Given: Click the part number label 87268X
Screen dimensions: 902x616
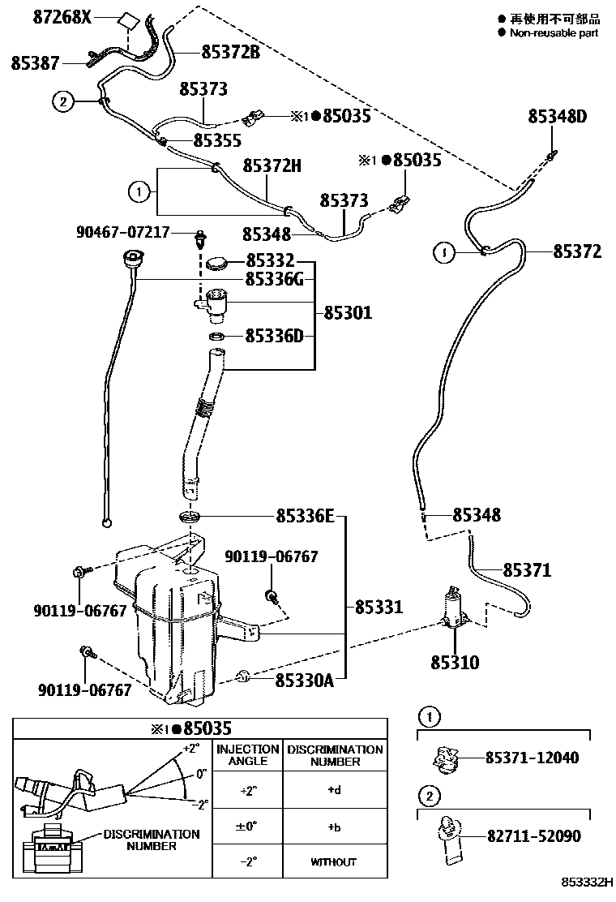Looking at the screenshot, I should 62,16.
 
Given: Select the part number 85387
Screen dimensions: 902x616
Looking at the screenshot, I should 39,62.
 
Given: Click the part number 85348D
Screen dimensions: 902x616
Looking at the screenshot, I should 557,117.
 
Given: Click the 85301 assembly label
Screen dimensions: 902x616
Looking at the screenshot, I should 348,311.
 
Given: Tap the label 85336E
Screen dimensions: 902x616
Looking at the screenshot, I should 305,515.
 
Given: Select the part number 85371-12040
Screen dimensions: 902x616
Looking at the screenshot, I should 532,758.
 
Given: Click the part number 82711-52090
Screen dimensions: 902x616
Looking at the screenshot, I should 532,835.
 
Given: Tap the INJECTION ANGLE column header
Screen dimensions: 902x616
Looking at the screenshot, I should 247,755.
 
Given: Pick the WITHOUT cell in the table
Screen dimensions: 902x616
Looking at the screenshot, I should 333,861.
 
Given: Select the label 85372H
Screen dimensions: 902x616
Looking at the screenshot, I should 272,166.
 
